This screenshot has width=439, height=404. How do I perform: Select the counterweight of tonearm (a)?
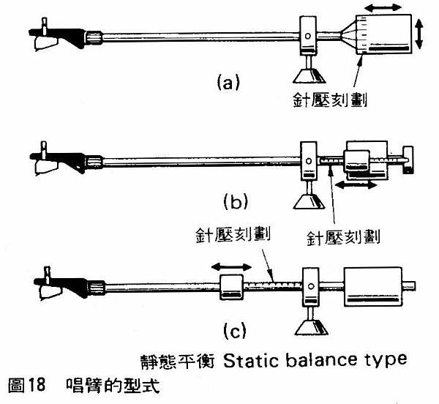[x=385, y=35]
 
